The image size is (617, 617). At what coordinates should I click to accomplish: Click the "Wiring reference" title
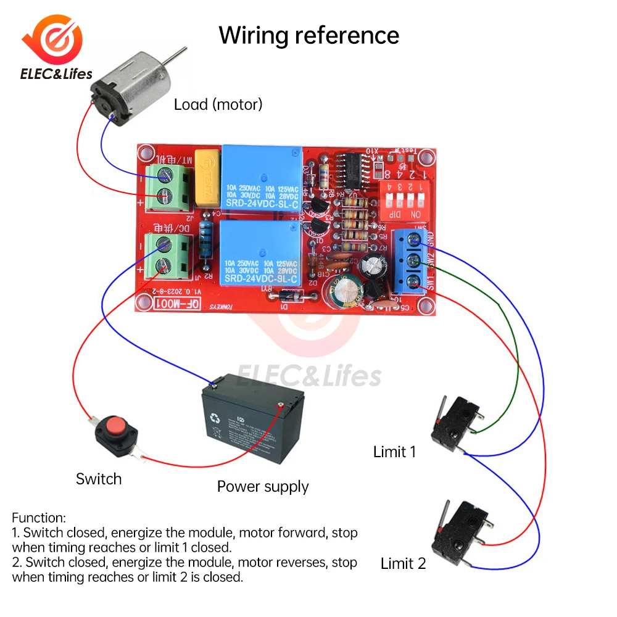coord(308,35)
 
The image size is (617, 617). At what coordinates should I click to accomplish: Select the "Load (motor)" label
coord(218,104)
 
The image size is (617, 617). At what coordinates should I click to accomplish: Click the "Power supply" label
coord(263,487)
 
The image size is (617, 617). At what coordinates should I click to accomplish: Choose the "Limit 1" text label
coord(394,452)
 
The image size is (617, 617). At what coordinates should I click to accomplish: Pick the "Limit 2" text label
coord(403,563)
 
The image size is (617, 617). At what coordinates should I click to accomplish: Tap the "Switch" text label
coord(99,479)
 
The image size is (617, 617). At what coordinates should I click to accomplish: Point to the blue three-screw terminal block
coord(410,259)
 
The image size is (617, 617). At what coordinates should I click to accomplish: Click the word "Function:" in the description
coord(38,518)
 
